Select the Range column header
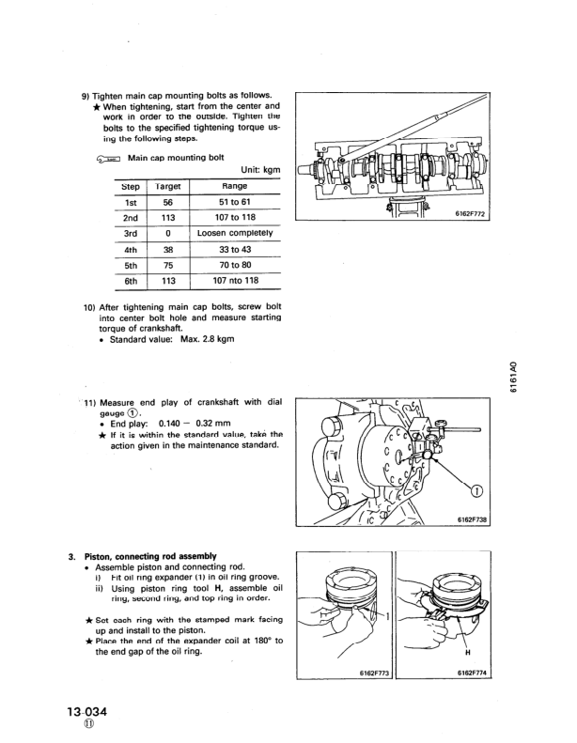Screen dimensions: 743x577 [x=234, y=187]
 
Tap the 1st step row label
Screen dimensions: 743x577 [x=131, y=202]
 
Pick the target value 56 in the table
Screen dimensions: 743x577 [x=168, y=202]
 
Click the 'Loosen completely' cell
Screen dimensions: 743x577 [x=235, y=232]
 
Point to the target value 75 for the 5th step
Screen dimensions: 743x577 [x=168, y=265]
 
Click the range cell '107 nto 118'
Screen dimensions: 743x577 [x=235, y=280]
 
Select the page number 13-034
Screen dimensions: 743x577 [x=90, y=711]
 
